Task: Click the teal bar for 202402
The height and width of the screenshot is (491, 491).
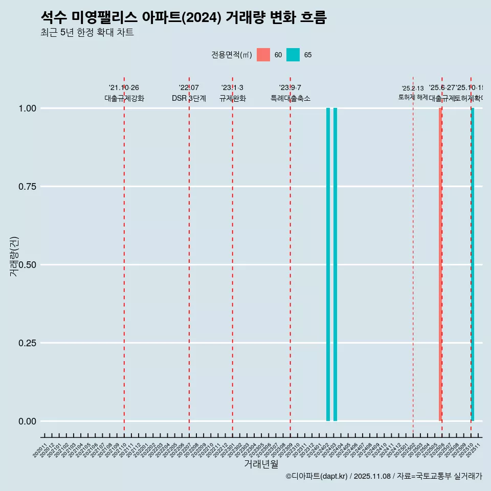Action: [328, 264]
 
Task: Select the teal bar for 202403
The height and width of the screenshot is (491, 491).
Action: [335, 264]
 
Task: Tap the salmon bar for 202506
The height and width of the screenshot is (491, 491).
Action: [440, 264]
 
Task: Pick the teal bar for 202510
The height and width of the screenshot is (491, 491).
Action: [473, 264]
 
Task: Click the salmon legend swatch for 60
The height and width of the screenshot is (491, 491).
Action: [263, 55]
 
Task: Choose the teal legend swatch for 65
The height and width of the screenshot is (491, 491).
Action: [293, 55]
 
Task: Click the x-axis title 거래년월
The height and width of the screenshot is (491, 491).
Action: [261, 464]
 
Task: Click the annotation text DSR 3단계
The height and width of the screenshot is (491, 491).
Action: [189, 99]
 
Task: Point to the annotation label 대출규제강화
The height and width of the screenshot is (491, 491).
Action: [124, 99]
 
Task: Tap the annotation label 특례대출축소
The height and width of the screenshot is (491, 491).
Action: [291, 99]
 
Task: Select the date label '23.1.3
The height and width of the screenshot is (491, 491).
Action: [232, 88]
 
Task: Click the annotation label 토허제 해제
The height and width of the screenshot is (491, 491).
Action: [413, 97]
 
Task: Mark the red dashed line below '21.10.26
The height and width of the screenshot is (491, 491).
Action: [124, 256]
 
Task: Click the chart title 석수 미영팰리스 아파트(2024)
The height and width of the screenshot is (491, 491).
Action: [183, 18]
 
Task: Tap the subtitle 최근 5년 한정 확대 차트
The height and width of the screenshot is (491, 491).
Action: [87, 33]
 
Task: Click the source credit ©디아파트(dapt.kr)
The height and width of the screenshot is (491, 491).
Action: [318, 476]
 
